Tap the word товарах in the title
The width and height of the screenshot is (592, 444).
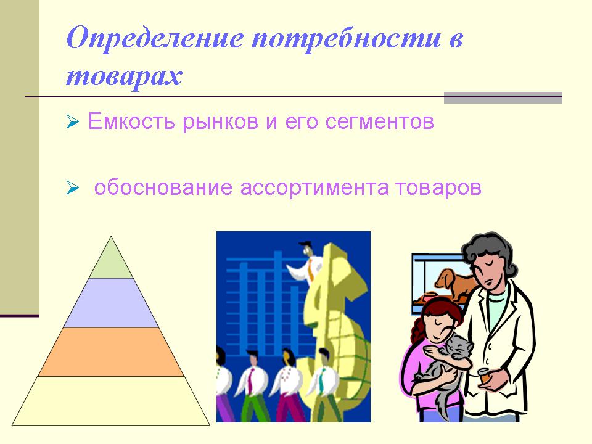tap(124, 76)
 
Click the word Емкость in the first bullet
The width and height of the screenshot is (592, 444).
tap(131, 121)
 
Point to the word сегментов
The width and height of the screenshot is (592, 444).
tap(380, 122)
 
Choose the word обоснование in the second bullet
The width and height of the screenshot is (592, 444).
tap(163, 187)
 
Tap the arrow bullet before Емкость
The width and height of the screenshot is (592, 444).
tap(73, 122)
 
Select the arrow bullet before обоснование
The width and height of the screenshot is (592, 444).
tap(73, 187)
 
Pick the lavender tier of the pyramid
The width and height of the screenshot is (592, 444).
tap(111, 302)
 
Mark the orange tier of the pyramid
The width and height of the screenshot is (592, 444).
tap(111, 351)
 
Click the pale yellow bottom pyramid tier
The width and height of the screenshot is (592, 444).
tap(111, 401)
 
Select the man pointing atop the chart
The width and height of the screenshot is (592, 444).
tap(306, 262)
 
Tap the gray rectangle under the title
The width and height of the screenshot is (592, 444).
tap(503, 97)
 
